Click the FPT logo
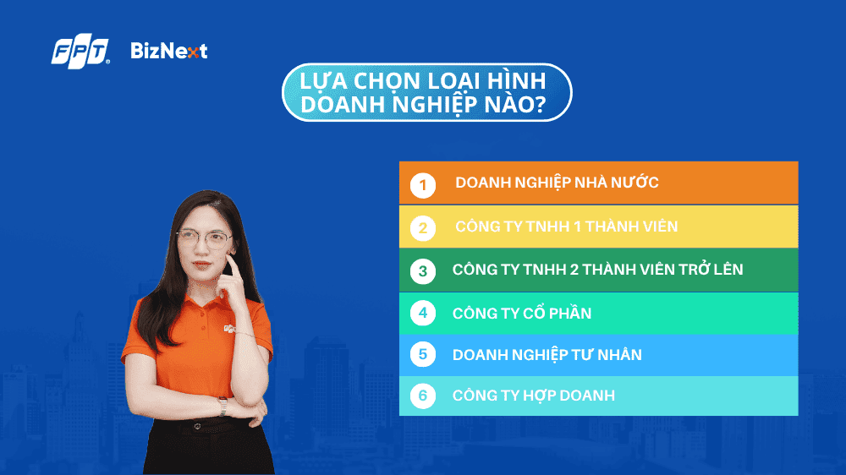click(x=80, y=52)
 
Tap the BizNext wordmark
click(x=169, y=52)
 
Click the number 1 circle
click(x=423, y=185)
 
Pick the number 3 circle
click(x=423, y=271)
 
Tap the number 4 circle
click(x=423, y=314)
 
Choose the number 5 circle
click(x=423, y=354)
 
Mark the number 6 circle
click(x=423, y=396)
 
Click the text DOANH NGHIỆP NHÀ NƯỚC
click(x=557, y=183)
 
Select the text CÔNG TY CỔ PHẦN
click(x=522, y=314)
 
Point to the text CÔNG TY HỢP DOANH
click(x=534, y=396)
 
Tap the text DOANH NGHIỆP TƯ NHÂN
click(x=547, y=355)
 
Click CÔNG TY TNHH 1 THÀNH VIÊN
click(x=566, y=227)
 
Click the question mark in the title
click(x=539, y=105)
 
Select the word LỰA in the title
click(x=319, y=81)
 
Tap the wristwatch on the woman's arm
click(x=222, y=407)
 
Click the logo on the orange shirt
click(x=230, y=328)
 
